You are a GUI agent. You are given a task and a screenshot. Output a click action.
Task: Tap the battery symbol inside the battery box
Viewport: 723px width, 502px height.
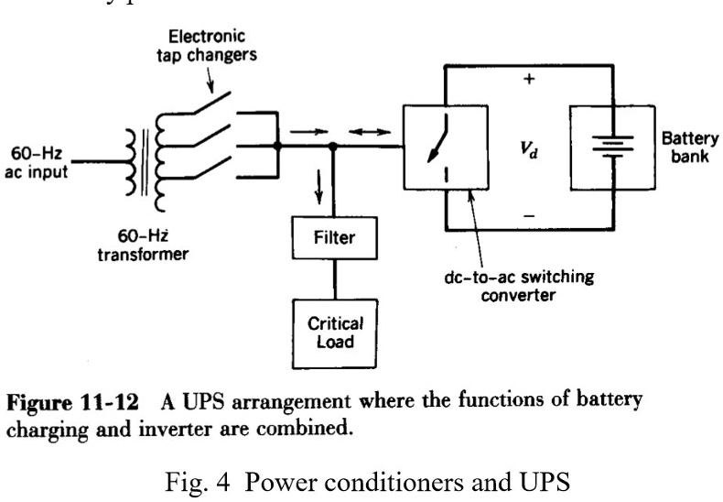[x=607, y=146]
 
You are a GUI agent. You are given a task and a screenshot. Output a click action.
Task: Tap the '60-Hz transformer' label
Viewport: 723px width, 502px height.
[x=142, y=246]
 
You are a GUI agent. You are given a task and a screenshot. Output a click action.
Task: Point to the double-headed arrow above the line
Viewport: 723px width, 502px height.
[x=370, y=131]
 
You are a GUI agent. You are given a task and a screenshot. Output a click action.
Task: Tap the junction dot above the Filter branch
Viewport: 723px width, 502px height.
[x=333, y=146]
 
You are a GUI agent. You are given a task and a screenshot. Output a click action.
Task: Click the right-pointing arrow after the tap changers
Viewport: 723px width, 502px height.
[x=302, y=131]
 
